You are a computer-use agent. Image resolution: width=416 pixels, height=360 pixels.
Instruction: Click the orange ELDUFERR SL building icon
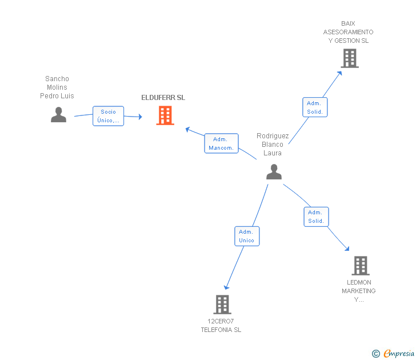click(x=165, y=115)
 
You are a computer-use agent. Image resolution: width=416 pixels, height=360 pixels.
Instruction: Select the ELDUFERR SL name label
click(x=163, y=98)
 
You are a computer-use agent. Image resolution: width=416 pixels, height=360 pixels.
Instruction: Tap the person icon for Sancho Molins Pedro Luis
click(x=58, y=115)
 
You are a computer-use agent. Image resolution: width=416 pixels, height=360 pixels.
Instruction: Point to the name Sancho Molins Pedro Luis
click(x=57, y=87)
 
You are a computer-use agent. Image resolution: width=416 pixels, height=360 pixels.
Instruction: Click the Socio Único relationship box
click(x=108, y=116)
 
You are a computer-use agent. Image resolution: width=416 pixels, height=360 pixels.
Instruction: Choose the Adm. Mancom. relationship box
click(x=221, y=143)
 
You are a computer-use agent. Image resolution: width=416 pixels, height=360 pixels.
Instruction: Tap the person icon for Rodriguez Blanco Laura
click(x=274, y=171)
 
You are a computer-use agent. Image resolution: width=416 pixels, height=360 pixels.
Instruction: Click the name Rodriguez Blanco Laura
click(x=273, y=145)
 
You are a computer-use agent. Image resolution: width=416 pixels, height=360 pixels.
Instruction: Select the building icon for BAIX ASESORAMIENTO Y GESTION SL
click(x=349, y=58)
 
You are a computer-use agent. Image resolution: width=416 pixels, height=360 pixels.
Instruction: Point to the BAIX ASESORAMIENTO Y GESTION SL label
click(x=348, y=33)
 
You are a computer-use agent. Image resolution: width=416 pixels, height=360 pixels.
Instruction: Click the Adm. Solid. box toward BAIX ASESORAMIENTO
click(x=315, y=107)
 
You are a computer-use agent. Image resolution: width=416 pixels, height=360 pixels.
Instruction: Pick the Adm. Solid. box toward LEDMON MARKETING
click(x=316, y=217)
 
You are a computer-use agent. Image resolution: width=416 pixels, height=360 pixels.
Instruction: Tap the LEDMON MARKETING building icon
click(x=360, y=266)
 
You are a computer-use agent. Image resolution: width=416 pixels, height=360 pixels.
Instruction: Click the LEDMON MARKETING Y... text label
click(x=359, y=291)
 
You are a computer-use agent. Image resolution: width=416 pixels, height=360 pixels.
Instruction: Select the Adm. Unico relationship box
click(x=247, y=236)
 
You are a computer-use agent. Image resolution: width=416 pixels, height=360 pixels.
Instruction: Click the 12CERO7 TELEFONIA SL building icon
click(x=222, y=305)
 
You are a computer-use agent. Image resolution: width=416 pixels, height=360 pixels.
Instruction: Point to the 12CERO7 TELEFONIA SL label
click(x=221, y=326)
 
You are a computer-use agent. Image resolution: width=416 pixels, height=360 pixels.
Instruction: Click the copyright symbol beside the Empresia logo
click(x=375, y=354)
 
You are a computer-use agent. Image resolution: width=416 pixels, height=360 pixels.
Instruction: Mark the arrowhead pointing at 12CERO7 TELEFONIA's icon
click(x=227, y=287)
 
